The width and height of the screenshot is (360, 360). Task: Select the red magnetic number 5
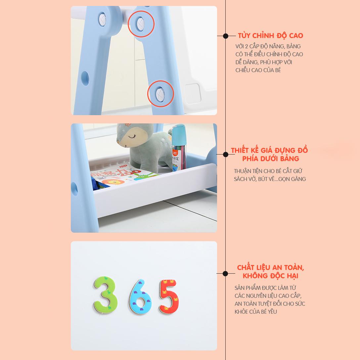(x=169, y=296)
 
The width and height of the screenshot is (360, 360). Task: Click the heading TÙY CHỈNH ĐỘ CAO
(x=270, y=36)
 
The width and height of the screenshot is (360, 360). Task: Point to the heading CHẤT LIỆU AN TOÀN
(x=270, y=267)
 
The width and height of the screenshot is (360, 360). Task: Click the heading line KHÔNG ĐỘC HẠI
(x=270, y=276)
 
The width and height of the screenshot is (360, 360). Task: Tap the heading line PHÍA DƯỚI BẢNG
(x=270, y=158)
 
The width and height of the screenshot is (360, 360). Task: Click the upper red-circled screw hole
(x=141, y=23)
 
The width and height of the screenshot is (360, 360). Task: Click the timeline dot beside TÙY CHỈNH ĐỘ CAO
(x=225, y=36)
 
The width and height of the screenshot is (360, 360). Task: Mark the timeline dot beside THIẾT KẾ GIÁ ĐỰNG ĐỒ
(x=225, y=155)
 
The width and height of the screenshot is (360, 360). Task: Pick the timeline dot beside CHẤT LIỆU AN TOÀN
(x=225, y=273)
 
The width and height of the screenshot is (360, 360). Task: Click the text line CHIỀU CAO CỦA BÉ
(x=258, y=70)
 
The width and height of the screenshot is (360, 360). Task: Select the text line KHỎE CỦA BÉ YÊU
(x=256, y=312)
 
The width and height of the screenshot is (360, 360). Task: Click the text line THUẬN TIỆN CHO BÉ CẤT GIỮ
(x=268, y=171)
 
